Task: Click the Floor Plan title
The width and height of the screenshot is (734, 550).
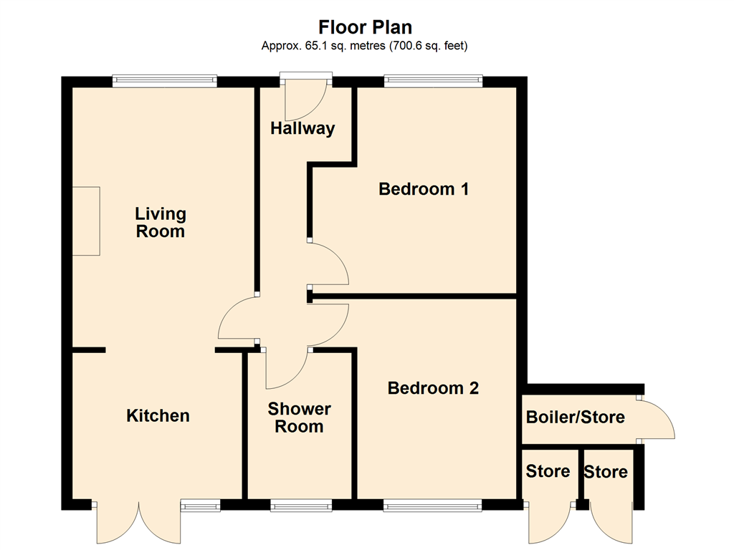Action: point(366,27)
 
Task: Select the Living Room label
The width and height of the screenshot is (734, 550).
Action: point(161,223)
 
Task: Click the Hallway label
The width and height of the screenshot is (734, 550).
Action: point(302,129)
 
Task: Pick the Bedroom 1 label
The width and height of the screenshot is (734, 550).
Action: point(424,189)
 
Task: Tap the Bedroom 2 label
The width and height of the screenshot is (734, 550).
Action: point(433,388)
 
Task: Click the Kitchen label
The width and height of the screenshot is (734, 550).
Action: point(158,415)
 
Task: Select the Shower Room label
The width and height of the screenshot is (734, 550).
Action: point(300,418)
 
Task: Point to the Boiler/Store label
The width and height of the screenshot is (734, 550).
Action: point(575,417)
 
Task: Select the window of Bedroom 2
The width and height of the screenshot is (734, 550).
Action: point(433,505)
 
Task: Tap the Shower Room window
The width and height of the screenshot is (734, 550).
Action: point(301,505)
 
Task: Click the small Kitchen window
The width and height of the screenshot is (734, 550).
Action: point(200,505)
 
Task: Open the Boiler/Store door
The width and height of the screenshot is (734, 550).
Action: point(655,419)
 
